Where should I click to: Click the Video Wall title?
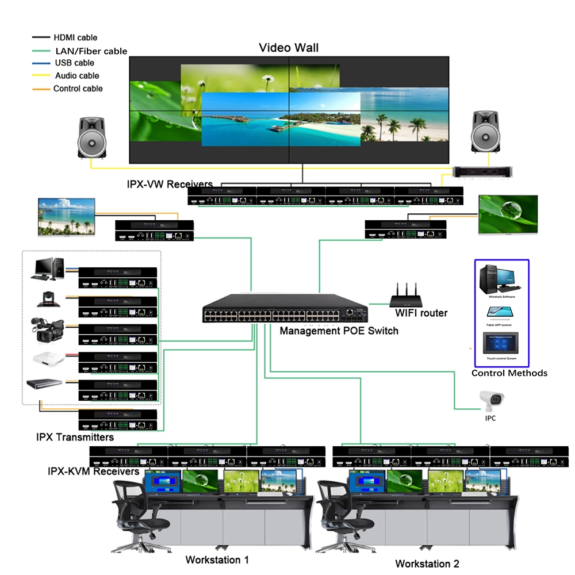tap(288, 47)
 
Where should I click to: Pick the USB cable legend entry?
tap(74, 63)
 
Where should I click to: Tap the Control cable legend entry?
tap(78, 89)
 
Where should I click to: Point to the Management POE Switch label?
tap(338, 331)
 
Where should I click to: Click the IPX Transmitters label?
tap(75, 437)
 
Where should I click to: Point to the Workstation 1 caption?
tap(217, 559)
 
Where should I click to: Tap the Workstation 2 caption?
tap(427, 563)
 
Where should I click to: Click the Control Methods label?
tap(509, 373)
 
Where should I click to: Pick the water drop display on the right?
tap(508, 214)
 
